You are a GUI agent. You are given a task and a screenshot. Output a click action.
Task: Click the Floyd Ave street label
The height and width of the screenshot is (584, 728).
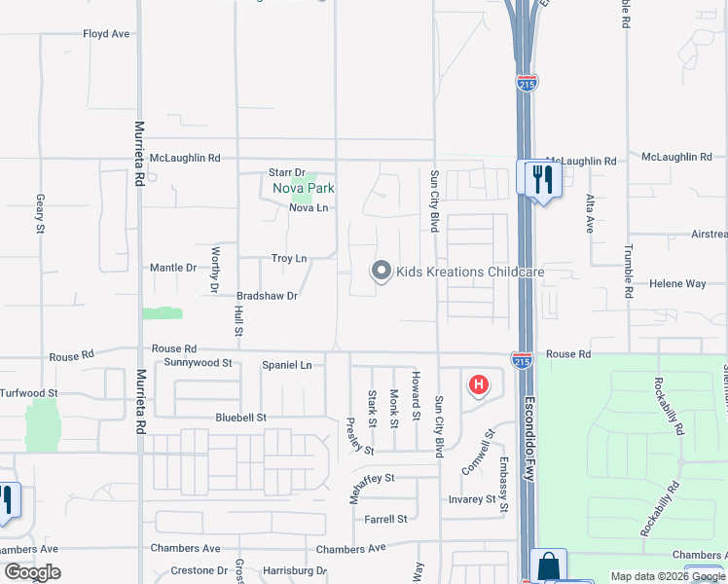[106, 34]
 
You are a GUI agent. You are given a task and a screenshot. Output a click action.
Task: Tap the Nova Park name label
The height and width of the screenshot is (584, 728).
[303, 188]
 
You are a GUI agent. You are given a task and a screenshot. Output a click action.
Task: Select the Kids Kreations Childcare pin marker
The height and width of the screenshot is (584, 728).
[382, 272]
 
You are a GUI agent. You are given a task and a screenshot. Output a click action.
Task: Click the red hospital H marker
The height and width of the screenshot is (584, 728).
[478, 384]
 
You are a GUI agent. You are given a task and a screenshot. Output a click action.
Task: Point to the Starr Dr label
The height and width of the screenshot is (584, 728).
[287, 173]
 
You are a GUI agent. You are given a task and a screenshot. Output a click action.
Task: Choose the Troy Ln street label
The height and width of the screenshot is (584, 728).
[289, 258]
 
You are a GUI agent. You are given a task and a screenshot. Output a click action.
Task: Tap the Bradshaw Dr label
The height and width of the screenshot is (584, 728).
[267, 295]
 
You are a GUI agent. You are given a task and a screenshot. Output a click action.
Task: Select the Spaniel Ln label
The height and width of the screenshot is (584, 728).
[286, 365]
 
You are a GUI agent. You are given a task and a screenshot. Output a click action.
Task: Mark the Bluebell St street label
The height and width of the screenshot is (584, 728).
[241, 418]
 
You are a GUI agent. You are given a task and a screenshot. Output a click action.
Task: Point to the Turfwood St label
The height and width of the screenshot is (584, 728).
[29, 393]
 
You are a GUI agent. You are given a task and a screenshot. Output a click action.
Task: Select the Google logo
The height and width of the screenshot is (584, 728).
[32, 572]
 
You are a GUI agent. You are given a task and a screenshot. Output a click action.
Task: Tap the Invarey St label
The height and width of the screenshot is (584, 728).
[472, 499]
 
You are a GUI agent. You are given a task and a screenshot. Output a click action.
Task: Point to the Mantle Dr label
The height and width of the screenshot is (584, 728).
[173, 268]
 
